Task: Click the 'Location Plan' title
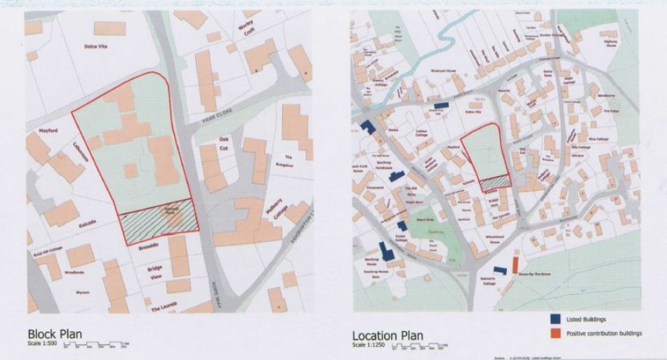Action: coord(387,335)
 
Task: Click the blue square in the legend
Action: coord(553,319)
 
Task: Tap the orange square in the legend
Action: coord(553,333)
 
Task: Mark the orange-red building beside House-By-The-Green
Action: coord(515,265)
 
